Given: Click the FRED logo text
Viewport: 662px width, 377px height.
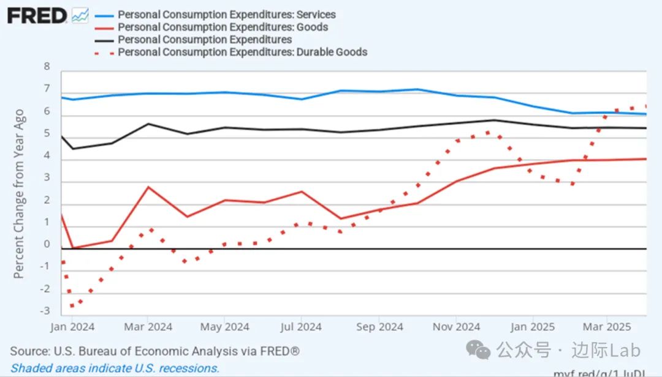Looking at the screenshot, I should tap(37, 15).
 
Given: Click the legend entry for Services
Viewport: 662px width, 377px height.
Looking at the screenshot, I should tap(227, 14).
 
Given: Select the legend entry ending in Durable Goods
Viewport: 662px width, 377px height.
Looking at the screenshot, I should tap(243, 52).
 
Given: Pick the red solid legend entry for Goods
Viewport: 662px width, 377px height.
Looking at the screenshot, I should tap(223, 27).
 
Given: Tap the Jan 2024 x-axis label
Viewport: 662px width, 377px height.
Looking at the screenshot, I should tap(72, 327).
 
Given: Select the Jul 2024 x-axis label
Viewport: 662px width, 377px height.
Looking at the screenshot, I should tap(300, 327).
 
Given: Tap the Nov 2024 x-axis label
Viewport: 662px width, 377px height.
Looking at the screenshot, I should tap(455, 327).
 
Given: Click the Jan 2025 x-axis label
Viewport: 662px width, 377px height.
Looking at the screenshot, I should tap(533, 327).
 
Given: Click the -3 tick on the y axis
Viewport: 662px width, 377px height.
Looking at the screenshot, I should tap(44, 311).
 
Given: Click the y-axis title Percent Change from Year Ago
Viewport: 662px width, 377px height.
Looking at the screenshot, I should tap(19, 194).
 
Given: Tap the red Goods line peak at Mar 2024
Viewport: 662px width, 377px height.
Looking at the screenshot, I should tap(148, 187).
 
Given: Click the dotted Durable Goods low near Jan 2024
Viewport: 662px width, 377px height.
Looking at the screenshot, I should tap(72, 305).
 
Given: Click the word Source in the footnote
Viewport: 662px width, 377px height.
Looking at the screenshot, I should tap(29, 351).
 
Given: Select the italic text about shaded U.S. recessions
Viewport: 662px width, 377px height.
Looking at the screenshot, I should tap(115, 368).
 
